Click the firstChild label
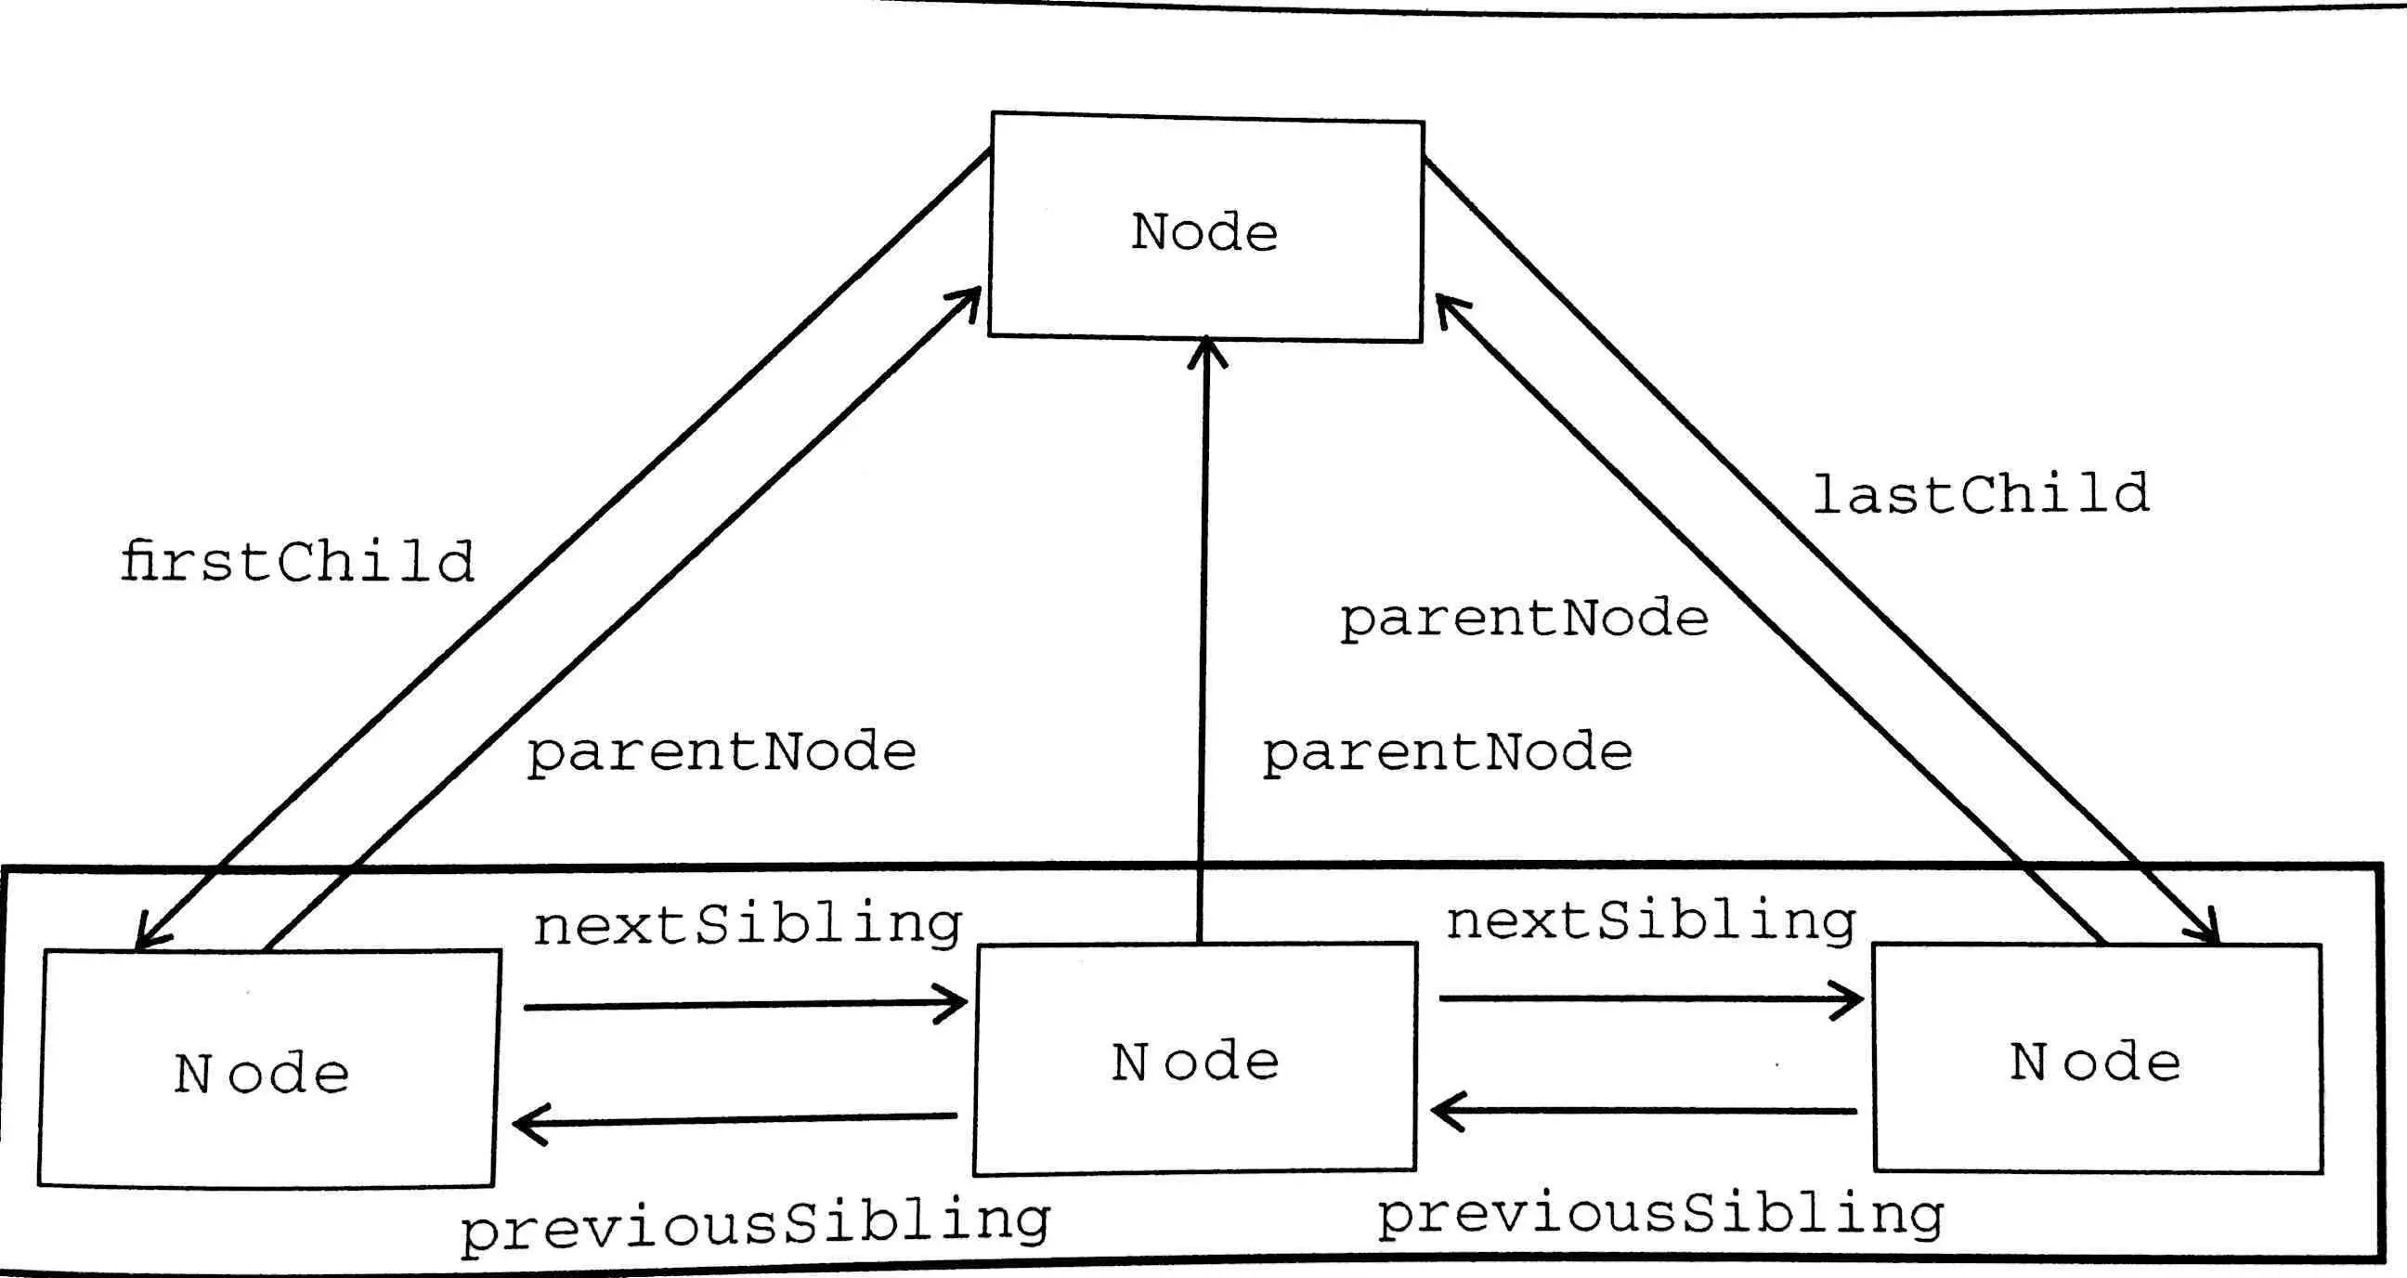coord(297,563)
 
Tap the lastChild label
coord(1981,495)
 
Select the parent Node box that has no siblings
coord(1205,228)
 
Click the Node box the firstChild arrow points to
coord(267,1069)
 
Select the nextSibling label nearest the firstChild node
coord(748,925)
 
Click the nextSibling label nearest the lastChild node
coord(1651,921)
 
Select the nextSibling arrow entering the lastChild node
coord(1650,998)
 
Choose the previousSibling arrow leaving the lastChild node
coord(1644,1111)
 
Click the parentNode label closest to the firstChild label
coord(722,753)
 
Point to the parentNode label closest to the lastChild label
coord(1524,619)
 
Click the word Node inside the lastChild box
coord(2095,1063)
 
